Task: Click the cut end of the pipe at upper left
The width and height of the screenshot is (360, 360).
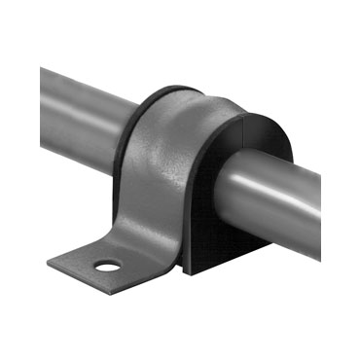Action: click(x=43, y=83)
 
